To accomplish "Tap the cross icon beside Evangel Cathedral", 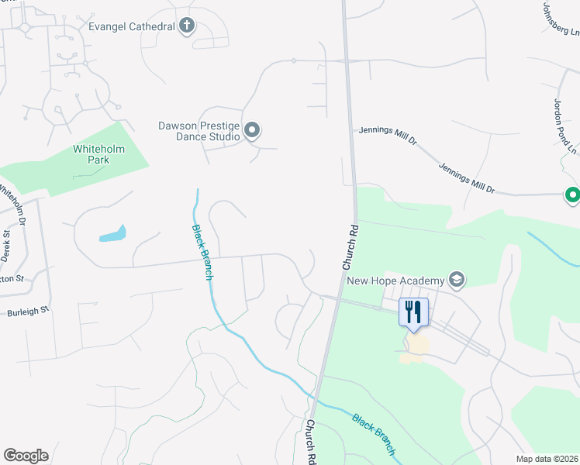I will [186, 26].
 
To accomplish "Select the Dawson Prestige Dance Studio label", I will [199, 131].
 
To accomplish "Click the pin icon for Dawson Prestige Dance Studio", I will [252, 130].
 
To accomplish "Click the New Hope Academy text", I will [395, 281].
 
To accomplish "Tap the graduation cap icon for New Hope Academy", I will [457, 280].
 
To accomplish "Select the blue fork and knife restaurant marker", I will [413, 312].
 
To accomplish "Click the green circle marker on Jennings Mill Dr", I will [572, 195].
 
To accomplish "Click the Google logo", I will [26, 456].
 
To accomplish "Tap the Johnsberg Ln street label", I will [561, 18].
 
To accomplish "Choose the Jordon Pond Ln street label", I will [565, 124].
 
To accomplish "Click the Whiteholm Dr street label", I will [12, 204].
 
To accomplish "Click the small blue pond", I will [112, 233].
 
